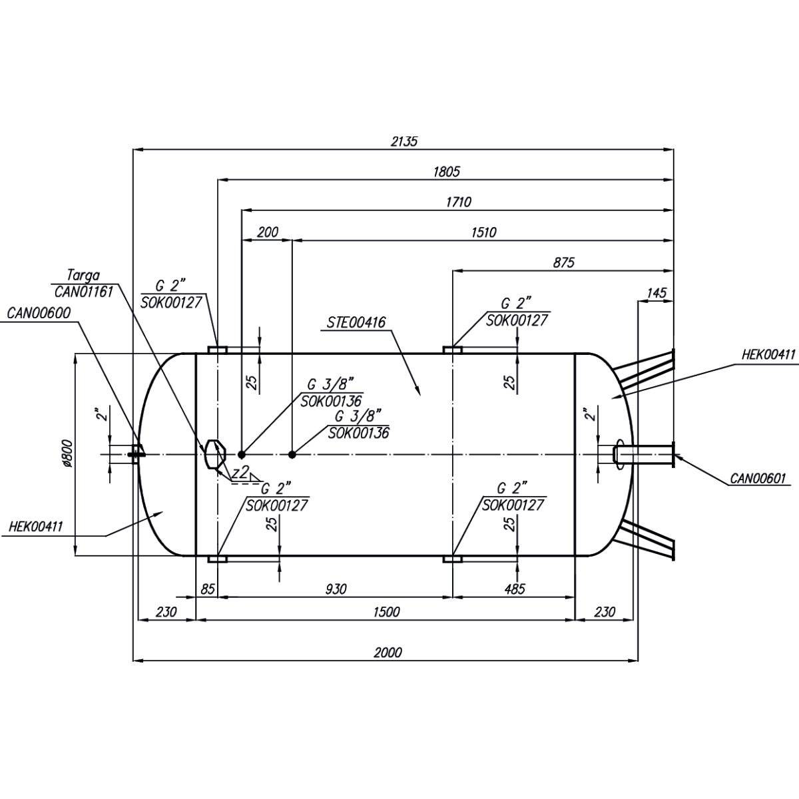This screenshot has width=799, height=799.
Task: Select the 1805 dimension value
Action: click(446, 171)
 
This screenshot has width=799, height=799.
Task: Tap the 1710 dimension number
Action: click(458, 202)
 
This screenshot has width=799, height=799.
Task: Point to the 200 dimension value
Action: click(267, 232)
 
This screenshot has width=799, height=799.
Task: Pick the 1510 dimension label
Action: click(484, 232)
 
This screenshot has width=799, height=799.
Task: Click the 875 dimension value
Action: click(563, 262)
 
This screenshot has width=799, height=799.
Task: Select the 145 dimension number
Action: click(656, 293)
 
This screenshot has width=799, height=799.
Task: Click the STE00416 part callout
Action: click(357, 324)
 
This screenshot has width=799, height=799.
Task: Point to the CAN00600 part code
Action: click(39, 312)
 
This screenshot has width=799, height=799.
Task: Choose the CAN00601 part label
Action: click(758, 478)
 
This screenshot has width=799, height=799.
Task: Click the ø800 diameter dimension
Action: click(67, 455)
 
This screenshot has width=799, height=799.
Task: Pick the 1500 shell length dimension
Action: click(386, 613)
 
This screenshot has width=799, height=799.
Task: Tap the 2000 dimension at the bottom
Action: click(388, 653)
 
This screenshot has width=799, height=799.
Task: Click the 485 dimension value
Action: click(514, 589)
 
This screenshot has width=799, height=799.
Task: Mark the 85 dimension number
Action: click(208, 589)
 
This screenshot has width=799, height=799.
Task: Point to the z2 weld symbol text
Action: click(241, 473)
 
